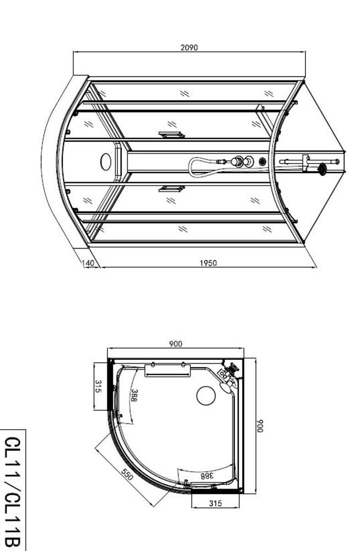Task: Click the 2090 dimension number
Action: click(189, 47)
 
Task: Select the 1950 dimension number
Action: click(208, 263)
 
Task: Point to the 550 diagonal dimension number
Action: click(126, 475)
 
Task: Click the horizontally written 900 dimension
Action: click(175, 344)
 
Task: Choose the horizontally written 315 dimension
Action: click(216, 503)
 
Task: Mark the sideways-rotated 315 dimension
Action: click(98, 386)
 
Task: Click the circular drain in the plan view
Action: click(206, 395)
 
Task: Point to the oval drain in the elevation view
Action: click(106, 161)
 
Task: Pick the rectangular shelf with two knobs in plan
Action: click(168, 369)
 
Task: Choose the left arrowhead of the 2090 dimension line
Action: click(75, 52)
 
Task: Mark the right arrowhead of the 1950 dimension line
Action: click(315, 267)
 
